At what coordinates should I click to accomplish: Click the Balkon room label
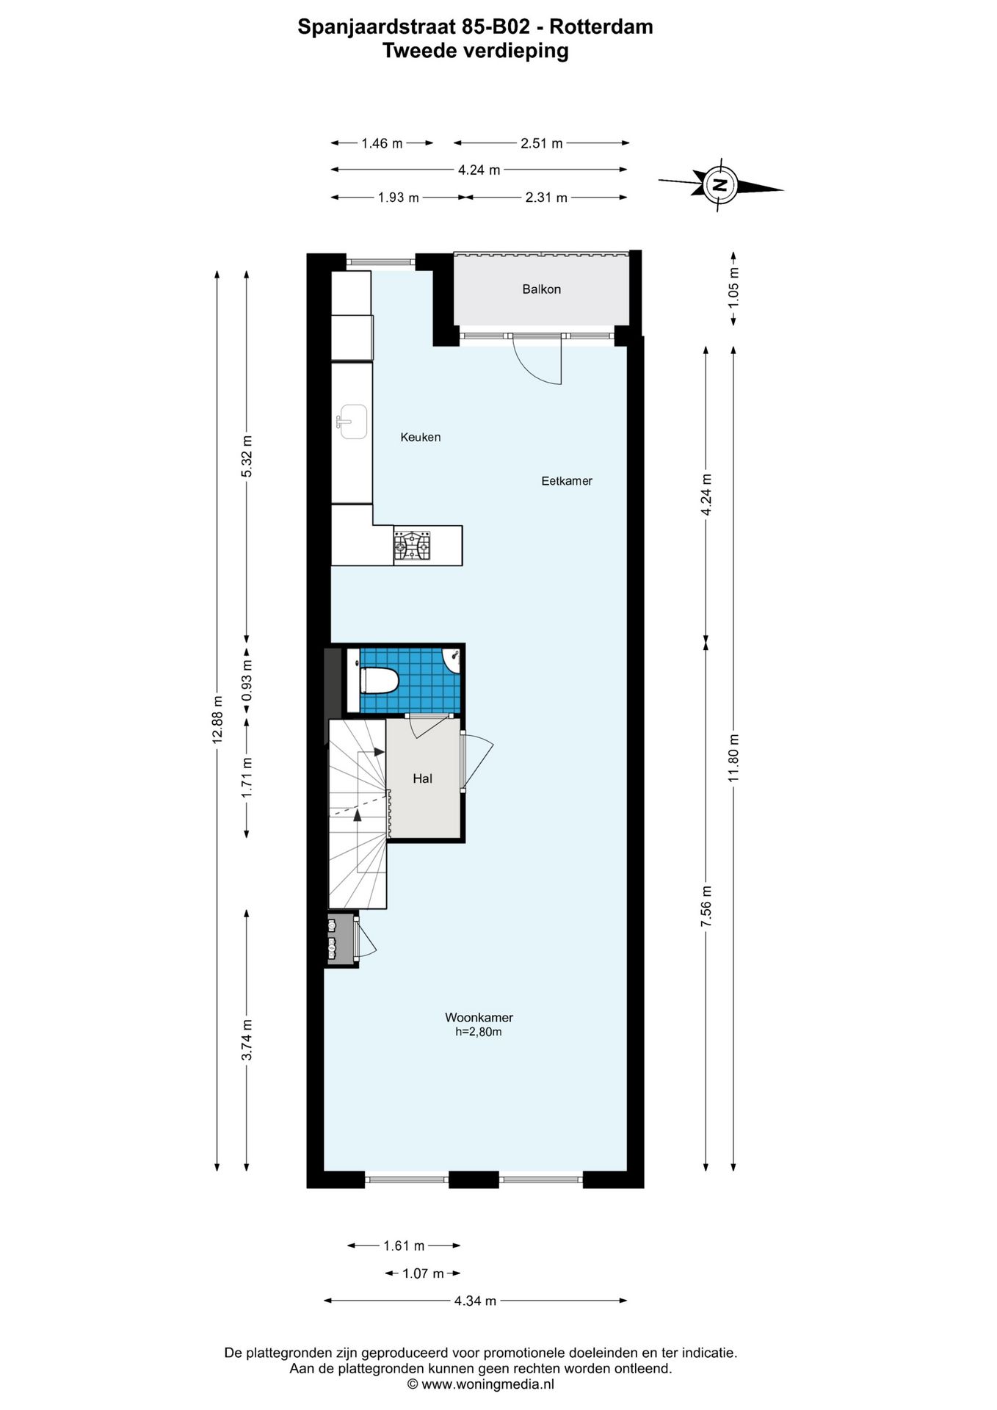tap(541, 289)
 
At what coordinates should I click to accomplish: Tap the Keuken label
tap(420, 438)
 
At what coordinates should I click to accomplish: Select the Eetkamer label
tap(566, 481)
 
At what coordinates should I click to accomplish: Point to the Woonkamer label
tap(479, 1018)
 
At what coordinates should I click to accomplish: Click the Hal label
tap(422, 778)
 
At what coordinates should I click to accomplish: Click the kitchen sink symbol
tap(352, 422)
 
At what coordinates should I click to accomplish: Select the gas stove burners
tap(412, 546)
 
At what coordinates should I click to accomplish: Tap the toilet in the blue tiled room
tap(378, 680)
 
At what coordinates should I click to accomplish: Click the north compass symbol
tap(719, 184)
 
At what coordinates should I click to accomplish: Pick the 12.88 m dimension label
tap(217, 720)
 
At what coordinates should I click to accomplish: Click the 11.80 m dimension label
tap(733, 758)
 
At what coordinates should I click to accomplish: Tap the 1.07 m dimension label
tap(423, 1273)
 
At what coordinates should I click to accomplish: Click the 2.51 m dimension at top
tap(541, 143)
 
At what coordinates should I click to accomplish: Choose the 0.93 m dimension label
tap(247, 681)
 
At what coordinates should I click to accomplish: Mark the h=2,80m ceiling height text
tap(479, 1032)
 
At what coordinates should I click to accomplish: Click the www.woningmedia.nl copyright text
tap(481, 1384)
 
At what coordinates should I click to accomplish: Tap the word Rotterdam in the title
tap(601, 27)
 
